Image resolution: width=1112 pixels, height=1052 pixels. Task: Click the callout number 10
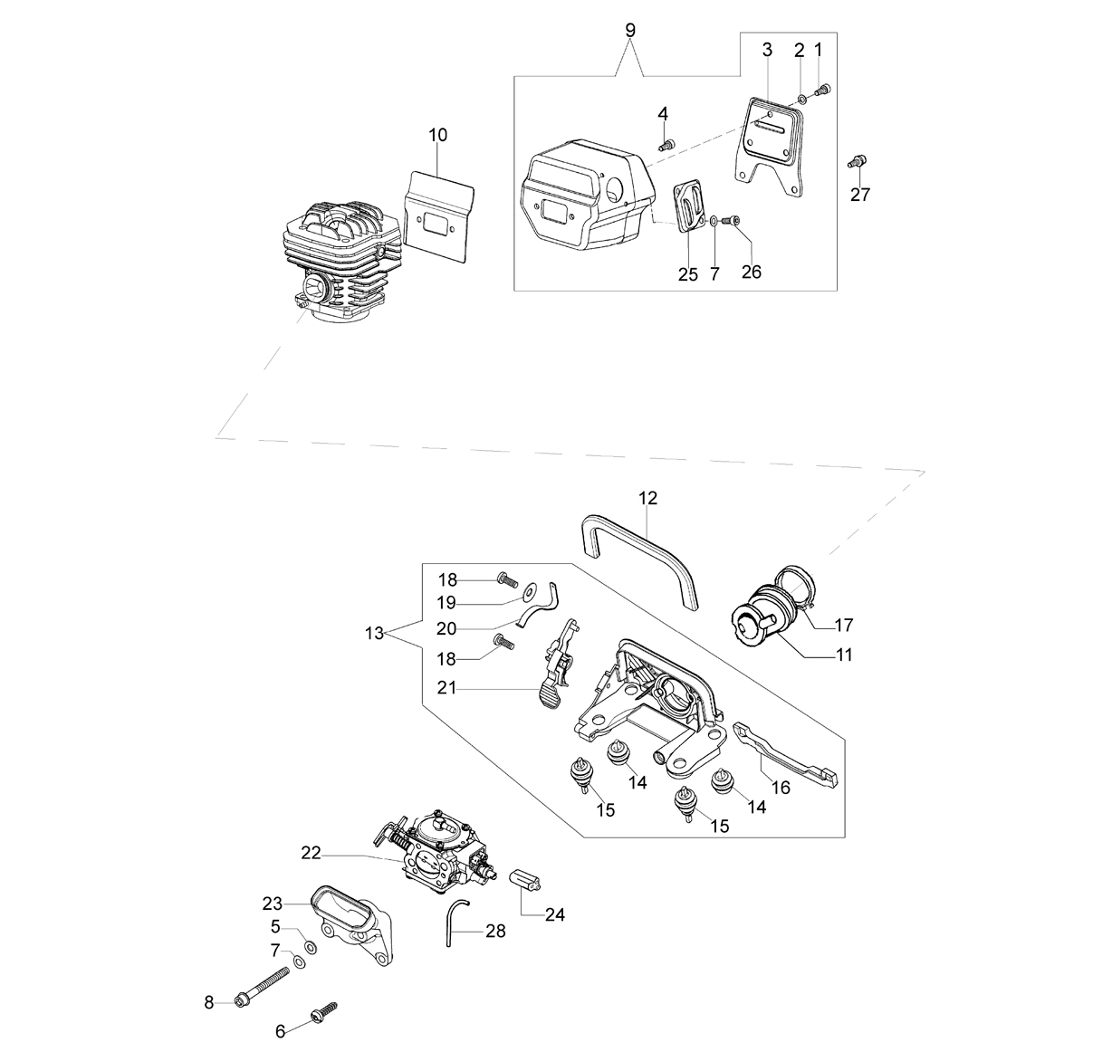coord(437,135)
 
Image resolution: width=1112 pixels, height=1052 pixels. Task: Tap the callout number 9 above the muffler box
coord(630,31)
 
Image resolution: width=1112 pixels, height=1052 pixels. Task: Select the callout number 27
coord(859,195)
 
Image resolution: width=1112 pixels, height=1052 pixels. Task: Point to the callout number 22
coord(311,852)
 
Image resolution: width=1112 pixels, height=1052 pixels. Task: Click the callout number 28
coord(495,931)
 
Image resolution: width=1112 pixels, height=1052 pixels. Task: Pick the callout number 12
coord(648,498)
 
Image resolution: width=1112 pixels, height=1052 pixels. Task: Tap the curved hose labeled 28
coord(457,920)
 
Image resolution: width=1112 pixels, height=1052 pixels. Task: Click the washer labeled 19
coord(531,591)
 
